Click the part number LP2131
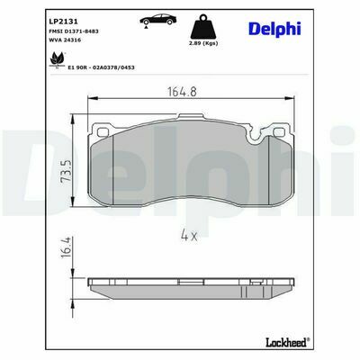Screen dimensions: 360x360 (x=63, y=22)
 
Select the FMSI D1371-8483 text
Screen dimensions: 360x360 (x=74, y=31)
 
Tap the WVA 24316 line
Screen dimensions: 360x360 (x=65, y=40)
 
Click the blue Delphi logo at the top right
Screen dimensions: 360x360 (x=274, y=29)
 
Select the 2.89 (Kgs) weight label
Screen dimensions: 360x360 (x=203, y=43)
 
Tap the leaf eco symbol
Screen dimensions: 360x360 (x=58, y=58)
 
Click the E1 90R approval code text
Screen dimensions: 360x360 (x=101, y=67)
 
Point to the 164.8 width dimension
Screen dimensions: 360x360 (x=182, y=92)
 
